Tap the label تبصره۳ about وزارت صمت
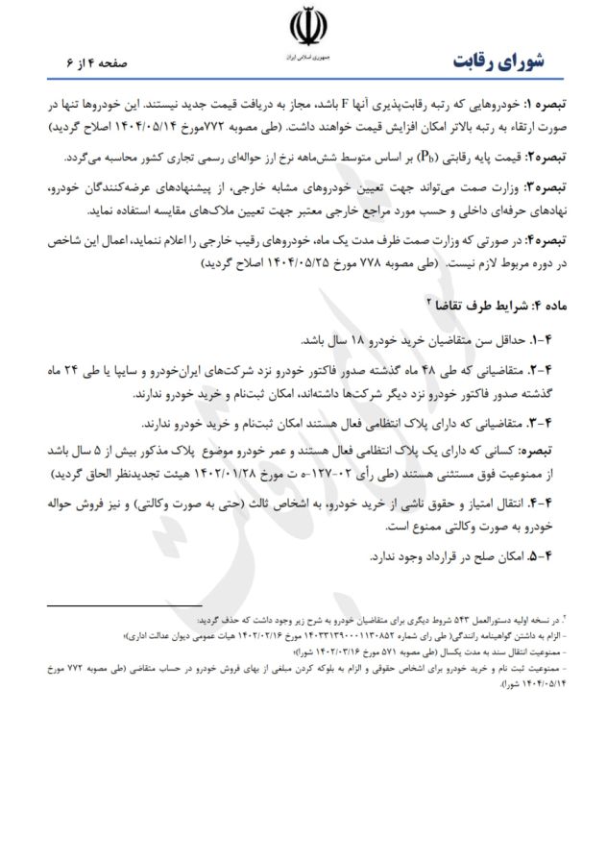[x=550, y=182]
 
